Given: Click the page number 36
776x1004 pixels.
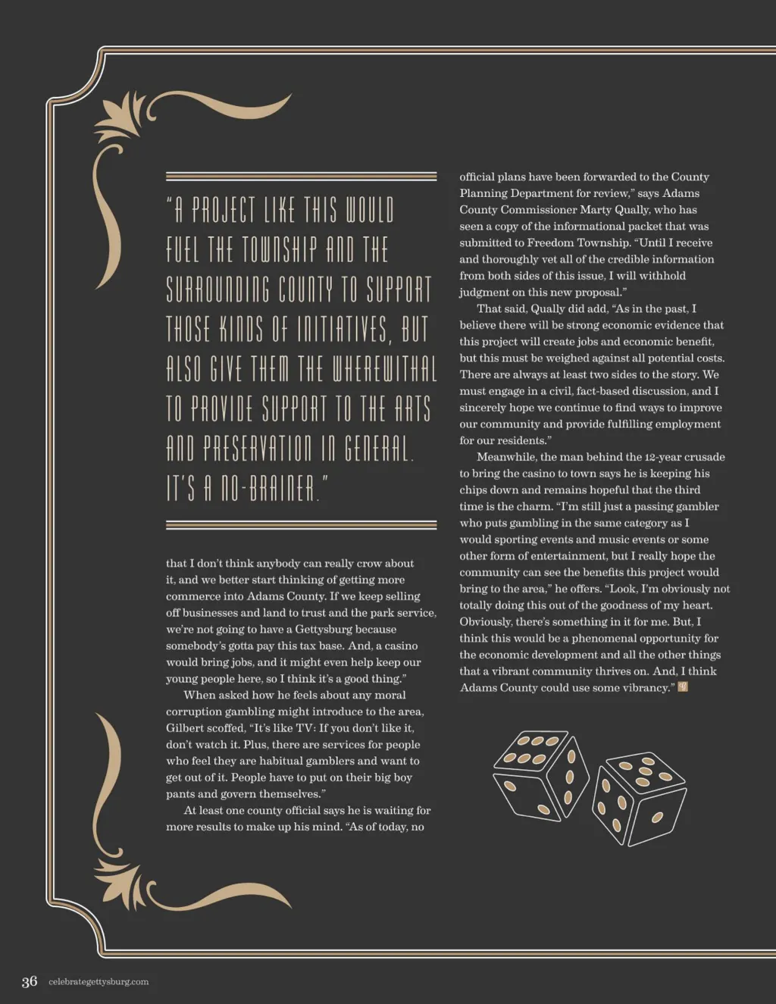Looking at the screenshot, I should point(30,982).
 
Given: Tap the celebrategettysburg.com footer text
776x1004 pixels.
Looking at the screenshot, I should point(99,982).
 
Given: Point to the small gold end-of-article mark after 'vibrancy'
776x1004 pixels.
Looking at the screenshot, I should point(684,687).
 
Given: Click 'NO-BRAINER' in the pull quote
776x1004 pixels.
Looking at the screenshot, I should point(268,489).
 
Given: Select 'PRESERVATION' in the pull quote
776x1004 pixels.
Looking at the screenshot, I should point(257,449).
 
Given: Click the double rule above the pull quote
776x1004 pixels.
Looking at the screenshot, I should point(301,177).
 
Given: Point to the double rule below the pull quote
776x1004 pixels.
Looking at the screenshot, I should point(301,524).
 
